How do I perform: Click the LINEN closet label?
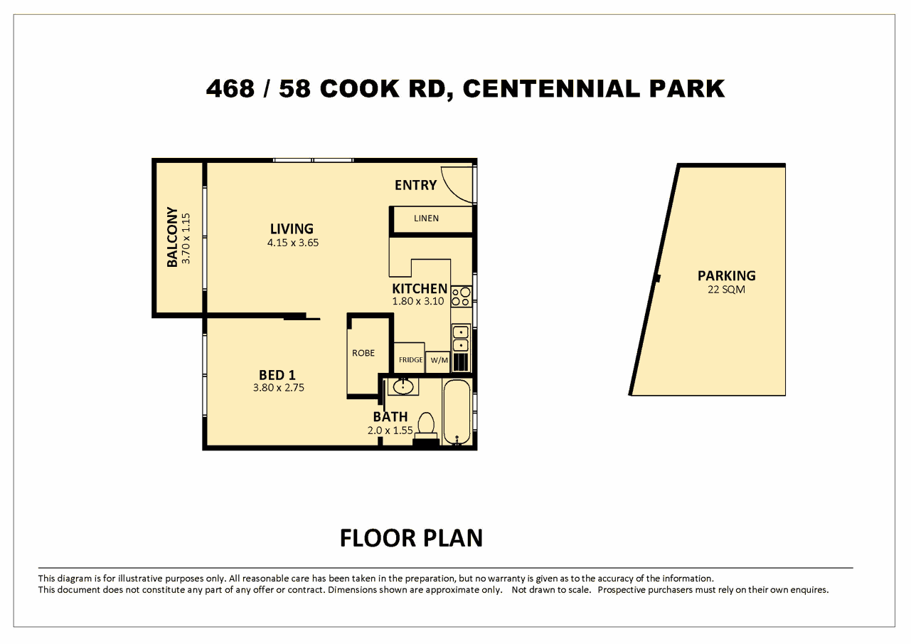426,218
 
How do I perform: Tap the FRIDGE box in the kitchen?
410,360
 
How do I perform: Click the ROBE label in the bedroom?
363,353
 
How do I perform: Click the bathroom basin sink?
403,386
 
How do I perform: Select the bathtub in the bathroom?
457,413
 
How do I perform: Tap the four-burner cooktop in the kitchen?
461,296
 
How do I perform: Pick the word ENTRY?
415,185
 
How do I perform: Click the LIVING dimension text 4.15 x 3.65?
292,243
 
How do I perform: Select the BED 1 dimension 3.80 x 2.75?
279,388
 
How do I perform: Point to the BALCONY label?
172,237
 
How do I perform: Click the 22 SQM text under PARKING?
726,290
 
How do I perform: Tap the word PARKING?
726,275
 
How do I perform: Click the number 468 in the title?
230,89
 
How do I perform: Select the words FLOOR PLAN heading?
411,538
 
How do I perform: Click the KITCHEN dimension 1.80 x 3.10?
418,301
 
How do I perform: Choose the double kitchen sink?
461,339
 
